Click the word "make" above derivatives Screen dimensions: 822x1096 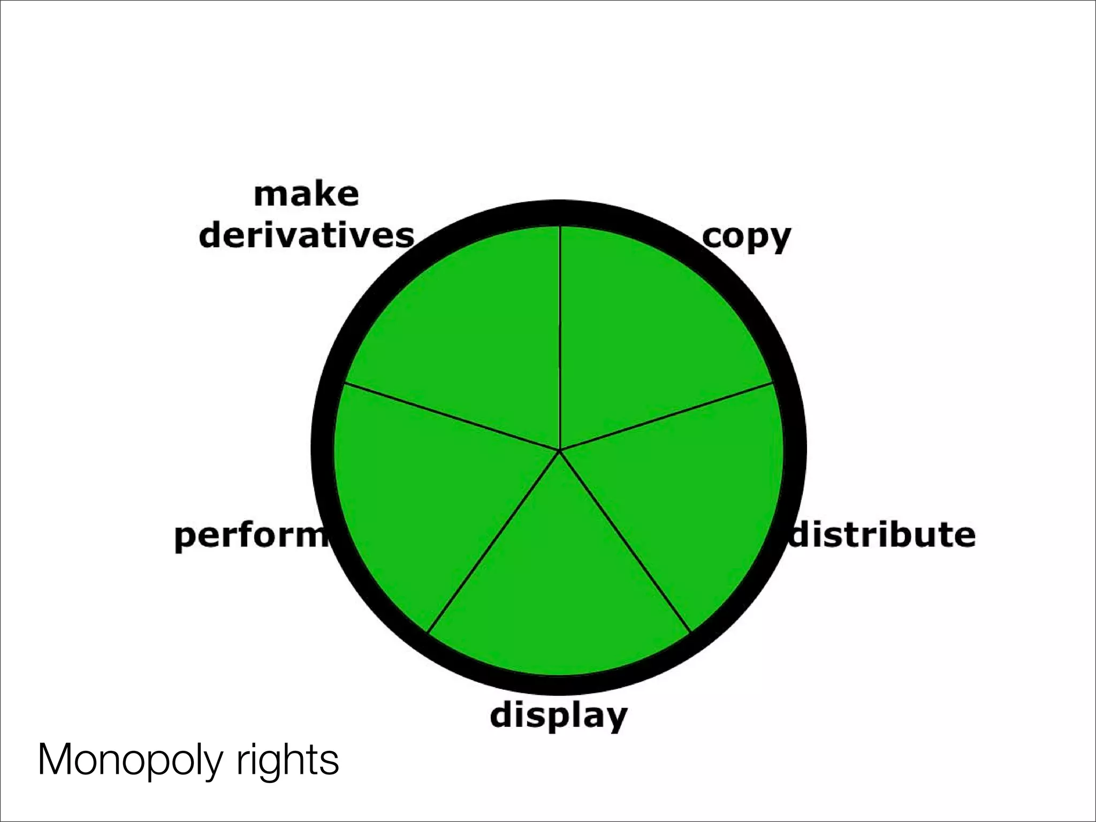coord(306,195)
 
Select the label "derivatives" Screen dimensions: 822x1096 coord(307,235)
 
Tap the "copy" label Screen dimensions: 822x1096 coord(746,237)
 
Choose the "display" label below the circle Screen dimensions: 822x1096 coord(558,716)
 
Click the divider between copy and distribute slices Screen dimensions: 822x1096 coord(666,416)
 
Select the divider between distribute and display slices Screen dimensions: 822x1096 coord(625,541)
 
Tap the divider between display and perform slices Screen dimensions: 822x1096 coord(493,541)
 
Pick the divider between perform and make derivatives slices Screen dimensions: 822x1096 coord(452,417)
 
